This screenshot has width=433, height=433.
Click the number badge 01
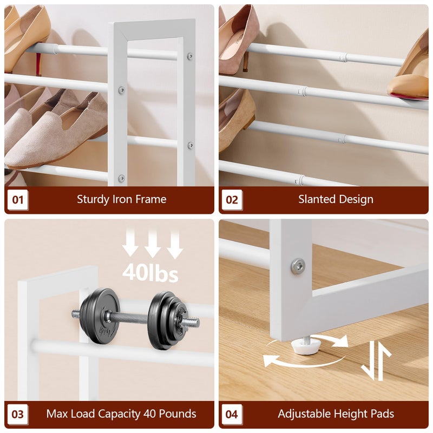pyautogui.click(x=18, y=199)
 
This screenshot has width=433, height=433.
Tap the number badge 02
pyautogui.click(x=232, y=199)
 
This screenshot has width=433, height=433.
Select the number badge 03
pyautogui.click(x=18, y=414)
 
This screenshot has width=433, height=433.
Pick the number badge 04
pyautogui.click(x=232, y=414)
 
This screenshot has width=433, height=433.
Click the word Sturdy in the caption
pyautogui.click(x=93, y=200)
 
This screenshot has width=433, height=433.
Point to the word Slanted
pyautogui.click(x=317, y=199)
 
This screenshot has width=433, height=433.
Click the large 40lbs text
pyautogui.click(x=150, y=273)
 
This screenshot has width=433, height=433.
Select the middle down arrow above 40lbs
pyautogui.click(x=153, y=244)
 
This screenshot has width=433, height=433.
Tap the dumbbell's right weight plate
pyautogui.click(x=167, y=321)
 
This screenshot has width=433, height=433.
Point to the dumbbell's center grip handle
pyautogui.click(x=134, y=318)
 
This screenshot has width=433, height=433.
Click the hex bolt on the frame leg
pyautogui.click(x=298, y=266)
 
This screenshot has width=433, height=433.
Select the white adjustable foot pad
pyautogui.click(x=306, y=346)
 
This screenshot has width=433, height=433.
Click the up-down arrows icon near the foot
pyautogui.click(x=376, y=360)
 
